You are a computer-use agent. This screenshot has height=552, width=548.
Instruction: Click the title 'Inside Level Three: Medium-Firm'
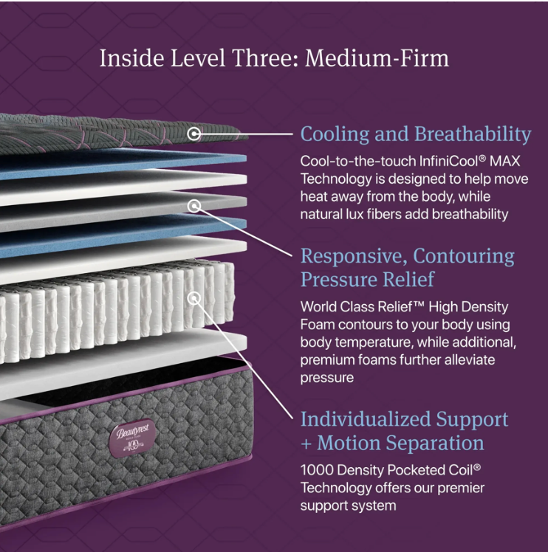[274, 58]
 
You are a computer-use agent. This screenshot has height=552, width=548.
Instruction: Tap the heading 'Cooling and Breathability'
[416, 134]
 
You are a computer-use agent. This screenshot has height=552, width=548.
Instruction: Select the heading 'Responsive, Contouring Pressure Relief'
[408, 268]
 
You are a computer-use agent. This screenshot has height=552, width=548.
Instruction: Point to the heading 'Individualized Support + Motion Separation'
[404, 431]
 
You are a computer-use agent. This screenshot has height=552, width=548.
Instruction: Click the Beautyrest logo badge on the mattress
[132, 438]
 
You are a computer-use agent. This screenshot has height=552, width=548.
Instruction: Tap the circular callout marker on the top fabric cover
[193, 134]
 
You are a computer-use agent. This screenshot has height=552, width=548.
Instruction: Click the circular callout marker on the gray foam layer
[193, 206]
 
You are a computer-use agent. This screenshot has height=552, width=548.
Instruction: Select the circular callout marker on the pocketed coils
[193, 299]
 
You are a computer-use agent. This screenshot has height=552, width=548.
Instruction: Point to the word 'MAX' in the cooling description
[504, 161]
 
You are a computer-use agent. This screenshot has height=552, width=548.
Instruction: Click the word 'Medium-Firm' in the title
[377, 58]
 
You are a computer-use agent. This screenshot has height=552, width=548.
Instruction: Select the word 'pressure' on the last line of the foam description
[326, 378]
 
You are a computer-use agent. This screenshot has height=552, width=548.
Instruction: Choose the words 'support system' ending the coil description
[348, 506]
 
